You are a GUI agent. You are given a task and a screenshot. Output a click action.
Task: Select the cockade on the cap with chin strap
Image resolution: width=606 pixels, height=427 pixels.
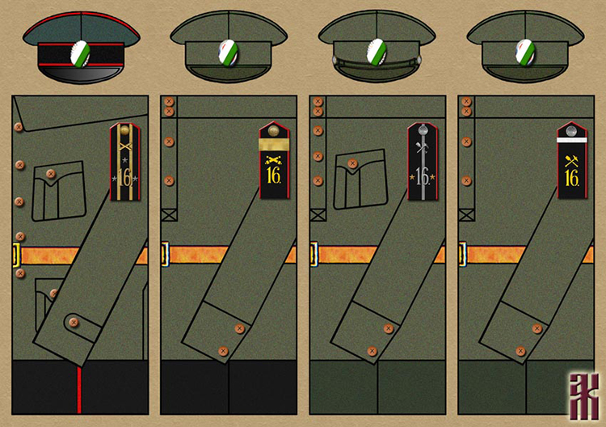[x=376, y=55]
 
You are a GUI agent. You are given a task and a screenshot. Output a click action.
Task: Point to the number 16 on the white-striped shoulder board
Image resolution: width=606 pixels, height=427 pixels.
[x=572, y=177]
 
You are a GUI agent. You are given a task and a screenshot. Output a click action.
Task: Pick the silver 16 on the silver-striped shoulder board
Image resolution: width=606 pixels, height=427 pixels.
[x=423, y=177]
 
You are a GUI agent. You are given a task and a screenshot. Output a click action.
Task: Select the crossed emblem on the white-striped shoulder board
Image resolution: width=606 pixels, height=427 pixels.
[x=572, y=159]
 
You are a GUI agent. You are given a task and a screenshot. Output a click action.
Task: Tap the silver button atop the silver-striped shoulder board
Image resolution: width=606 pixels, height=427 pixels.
[x=423, y=130]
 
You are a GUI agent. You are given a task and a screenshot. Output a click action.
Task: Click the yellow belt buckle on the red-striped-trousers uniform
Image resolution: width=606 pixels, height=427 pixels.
[x=16, y=256]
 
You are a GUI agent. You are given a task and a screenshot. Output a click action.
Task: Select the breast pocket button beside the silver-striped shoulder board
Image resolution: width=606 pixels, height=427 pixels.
[x=352, y=163]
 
